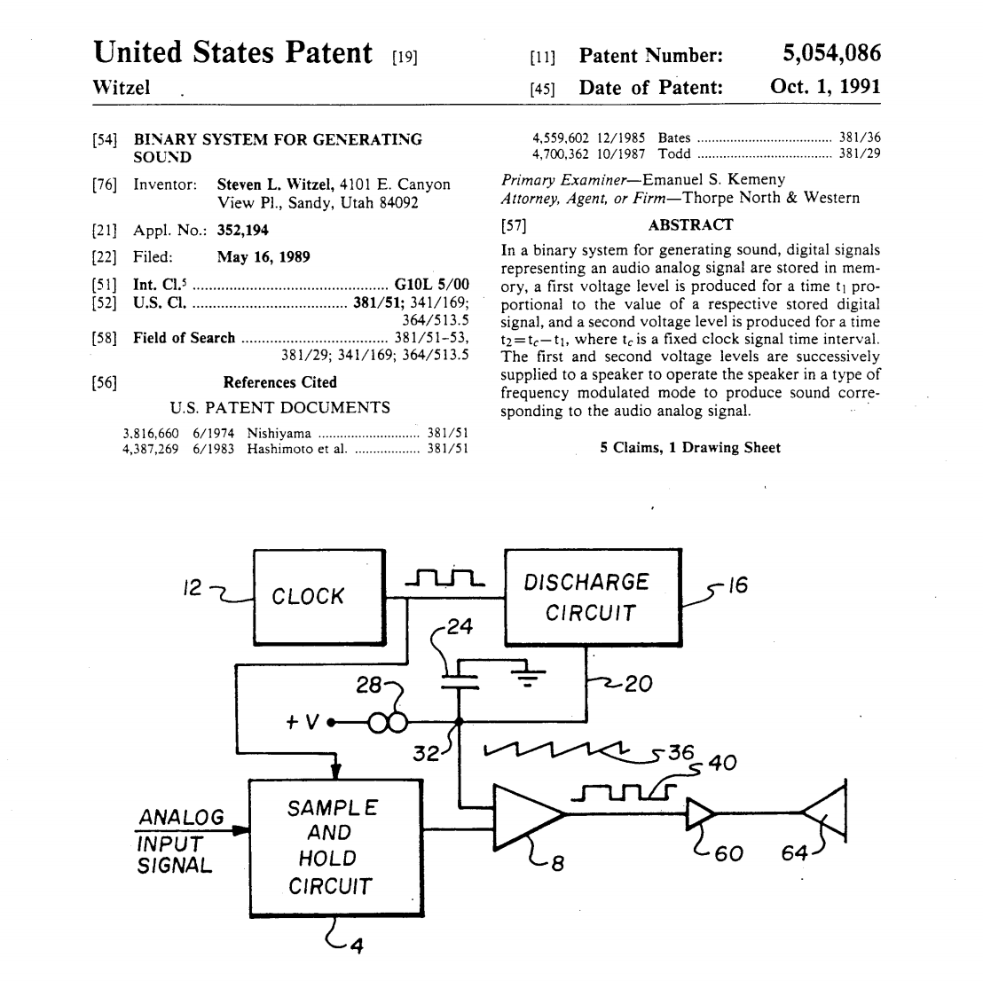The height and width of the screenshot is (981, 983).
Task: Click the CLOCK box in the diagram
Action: click(308, 596)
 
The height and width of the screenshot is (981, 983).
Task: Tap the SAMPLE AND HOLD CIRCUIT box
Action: click(333, 847)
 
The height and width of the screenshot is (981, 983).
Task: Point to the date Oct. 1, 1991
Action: click(825, 87)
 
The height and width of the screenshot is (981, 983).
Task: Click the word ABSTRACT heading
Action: click(690, 224)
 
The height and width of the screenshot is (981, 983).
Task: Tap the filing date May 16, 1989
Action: click(263, 257)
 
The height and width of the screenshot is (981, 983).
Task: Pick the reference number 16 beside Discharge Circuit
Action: click(738, 586)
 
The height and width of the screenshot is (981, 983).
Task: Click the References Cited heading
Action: click(279, 382)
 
